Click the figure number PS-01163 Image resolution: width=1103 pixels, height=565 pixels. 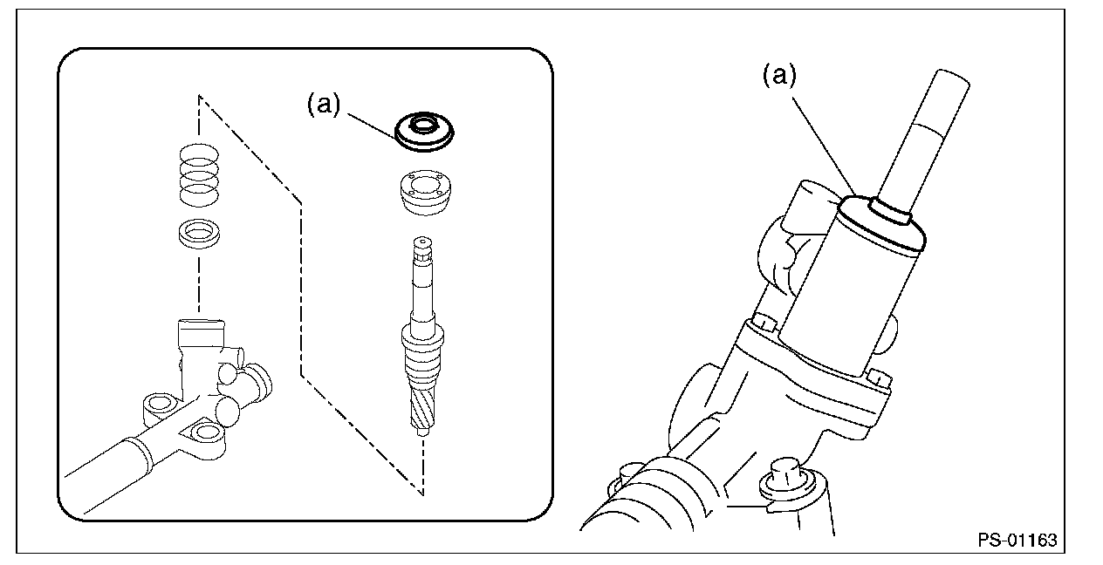[1017, 540]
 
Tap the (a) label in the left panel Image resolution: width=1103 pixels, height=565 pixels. [324, 105]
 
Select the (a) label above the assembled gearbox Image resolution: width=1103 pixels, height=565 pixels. [779, 76]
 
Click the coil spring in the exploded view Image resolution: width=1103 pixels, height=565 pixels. [199, 174]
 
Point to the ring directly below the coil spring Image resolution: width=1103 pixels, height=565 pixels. [199, 234]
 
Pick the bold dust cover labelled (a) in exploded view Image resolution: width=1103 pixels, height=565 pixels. [424, 132]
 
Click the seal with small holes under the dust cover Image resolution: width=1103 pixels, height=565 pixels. [424, 193]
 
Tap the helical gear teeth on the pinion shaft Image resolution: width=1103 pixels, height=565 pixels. [422, 406]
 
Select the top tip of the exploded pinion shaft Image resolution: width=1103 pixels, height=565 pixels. [423, 238]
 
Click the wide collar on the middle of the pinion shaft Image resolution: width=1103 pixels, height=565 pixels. [422, 337]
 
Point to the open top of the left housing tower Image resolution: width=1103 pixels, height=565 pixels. [201, 323]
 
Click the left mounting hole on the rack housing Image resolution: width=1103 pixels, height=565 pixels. [159, 403]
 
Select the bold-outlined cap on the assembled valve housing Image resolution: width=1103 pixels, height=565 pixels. [881, 224]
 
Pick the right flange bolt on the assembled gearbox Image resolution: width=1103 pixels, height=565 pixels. [878, 379]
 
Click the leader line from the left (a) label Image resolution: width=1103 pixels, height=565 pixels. [373, 127]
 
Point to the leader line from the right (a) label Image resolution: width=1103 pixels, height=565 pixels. [823, 146]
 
